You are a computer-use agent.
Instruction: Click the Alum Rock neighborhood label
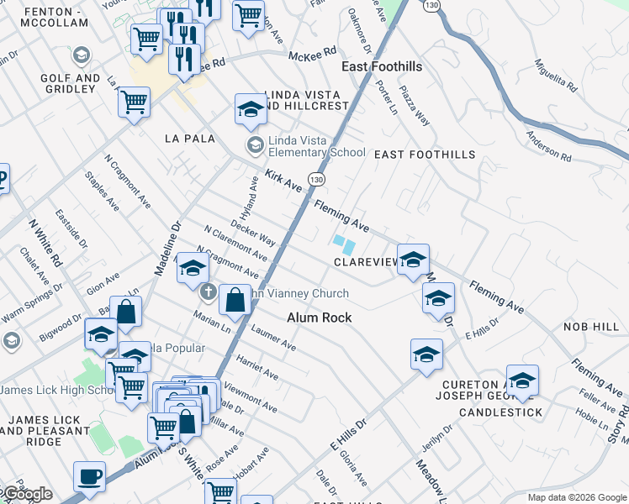[x=319, y=318]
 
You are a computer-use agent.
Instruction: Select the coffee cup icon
[x=89, y=477]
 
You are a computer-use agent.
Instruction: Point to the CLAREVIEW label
[x=366, y=262]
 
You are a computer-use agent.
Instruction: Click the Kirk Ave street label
[x=283, y=179]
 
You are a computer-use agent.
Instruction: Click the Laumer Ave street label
[x=273, y=339]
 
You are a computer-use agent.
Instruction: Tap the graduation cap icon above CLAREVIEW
[x=413, y=260]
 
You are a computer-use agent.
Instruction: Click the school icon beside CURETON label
[x=522, y=381]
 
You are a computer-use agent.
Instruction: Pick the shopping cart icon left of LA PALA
[x=135, y=102]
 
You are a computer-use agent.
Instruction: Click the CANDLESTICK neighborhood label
[x=501, y=412]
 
